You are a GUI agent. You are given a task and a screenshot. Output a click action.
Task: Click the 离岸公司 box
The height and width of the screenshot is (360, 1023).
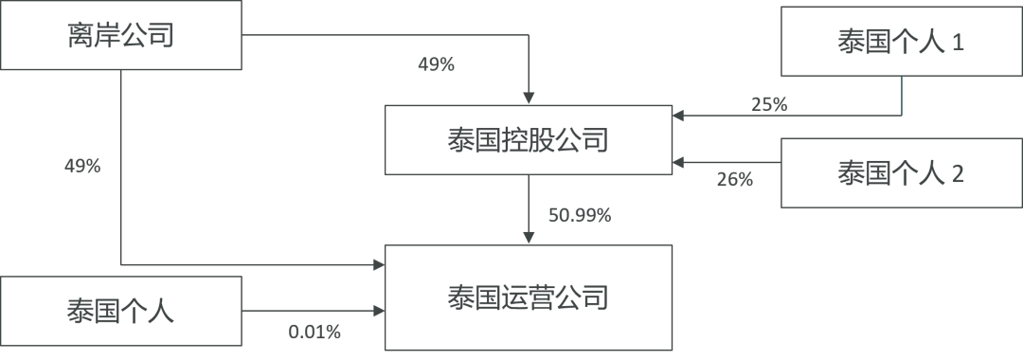point(121,36)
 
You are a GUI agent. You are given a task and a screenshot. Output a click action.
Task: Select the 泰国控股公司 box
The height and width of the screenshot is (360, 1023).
point(527,140)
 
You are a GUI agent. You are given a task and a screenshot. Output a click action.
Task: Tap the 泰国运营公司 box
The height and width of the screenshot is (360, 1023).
point(527,297)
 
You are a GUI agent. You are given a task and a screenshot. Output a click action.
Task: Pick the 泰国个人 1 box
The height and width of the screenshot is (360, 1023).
point(901,43)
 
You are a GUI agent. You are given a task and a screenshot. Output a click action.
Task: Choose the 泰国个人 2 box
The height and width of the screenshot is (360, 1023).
point(901,172)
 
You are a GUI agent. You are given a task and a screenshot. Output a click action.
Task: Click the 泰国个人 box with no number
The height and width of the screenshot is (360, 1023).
point(121,310)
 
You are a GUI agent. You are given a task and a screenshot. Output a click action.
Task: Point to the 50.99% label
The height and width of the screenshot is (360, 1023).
point(580,215)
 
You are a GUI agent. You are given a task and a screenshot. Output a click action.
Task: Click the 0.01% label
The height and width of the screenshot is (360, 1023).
point(314,333)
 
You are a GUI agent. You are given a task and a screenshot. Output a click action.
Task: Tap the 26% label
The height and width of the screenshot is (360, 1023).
point(734,179)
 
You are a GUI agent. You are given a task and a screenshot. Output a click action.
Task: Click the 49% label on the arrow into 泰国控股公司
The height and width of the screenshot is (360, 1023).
point(436,65)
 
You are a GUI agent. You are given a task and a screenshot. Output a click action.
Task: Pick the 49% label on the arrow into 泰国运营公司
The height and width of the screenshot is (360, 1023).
point(81,166)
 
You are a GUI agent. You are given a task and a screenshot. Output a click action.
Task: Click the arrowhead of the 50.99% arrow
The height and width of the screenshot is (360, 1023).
point(528,239)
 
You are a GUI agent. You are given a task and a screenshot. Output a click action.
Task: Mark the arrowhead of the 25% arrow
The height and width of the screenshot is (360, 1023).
point(675,117)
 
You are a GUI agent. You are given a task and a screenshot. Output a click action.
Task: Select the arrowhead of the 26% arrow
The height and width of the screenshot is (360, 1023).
point(675,163)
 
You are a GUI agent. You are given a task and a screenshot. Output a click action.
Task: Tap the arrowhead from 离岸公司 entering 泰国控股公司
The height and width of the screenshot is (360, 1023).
point(528,99)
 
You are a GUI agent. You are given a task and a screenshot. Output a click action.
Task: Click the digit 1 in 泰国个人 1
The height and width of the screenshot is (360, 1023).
point(957,44)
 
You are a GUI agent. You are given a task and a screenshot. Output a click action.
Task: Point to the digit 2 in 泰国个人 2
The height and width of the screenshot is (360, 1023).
point(957,173)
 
